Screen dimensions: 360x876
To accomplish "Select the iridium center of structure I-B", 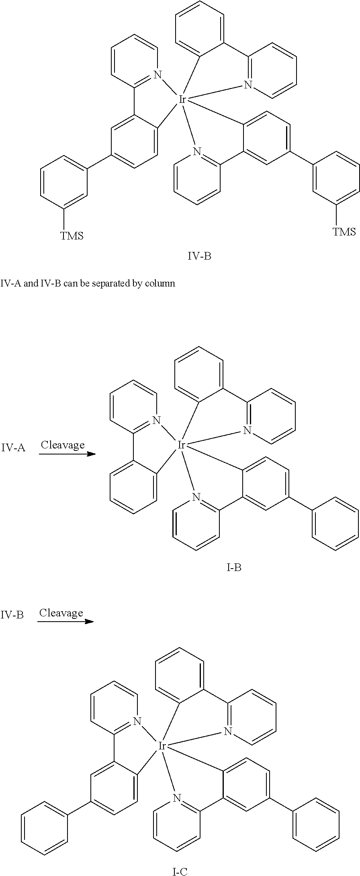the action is coord(181,445).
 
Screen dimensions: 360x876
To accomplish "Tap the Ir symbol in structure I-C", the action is coord(162,746).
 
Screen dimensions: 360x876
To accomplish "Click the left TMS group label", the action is coord(72,235).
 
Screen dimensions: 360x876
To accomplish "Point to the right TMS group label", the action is coord(344,231).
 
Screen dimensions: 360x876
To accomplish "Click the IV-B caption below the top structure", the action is coord(199,256).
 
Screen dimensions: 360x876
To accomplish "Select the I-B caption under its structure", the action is coord(234,567).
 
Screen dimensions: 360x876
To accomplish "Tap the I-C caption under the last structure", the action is coord(180,872).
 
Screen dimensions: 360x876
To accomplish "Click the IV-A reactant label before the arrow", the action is coord(13,447).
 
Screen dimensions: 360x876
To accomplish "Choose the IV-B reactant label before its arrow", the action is coord(12,615).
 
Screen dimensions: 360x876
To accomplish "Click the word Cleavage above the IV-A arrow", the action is coord(63,445).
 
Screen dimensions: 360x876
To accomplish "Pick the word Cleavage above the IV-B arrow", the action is coord(61,613).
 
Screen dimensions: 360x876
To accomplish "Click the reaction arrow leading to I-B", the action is coord(67,454).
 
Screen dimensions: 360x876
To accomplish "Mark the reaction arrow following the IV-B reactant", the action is coord(66,622).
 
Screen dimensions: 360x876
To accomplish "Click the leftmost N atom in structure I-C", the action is coord(137,721).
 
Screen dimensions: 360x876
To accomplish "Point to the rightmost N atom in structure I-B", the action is coord(247,430).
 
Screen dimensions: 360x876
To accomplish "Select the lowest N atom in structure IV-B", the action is coord(196,151).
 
